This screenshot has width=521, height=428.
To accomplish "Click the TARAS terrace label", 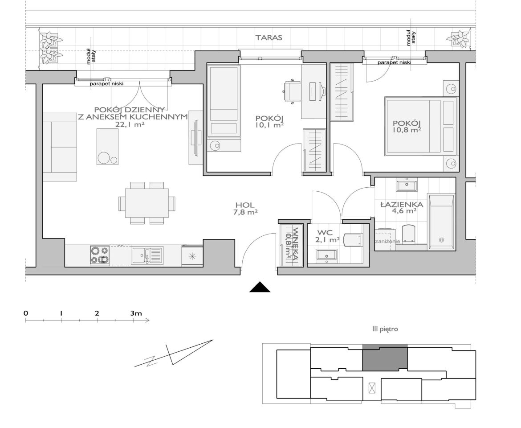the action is click(269, 37).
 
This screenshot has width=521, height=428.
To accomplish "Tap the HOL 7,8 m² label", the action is click(245, 209).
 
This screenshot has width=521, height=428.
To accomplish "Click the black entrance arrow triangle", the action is click(260, 287).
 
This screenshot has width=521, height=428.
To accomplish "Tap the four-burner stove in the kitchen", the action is click(100, 255).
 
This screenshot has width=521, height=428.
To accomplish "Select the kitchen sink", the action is click(147, 255).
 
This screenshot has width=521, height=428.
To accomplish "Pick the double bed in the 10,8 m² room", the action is click(421, 126).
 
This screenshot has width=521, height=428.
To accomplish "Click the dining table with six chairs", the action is click(147, 203).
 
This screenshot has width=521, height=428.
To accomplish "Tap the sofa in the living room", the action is click(60, 147).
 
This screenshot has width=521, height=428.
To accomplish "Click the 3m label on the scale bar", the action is click(136, 313).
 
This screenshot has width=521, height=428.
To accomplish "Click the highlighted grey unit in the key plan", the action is click(385, 358).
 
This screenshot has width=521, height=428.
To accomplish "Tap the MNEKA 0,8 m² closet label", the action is click(291, 243).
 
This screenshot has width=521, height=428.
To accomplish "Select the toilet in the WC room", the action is click(352, 239).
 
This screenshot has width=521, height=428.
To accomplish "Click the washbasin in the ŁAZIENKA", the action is click(407, 185).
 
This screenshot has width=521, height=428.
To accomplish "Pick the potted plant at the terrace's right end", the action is click(460, 39).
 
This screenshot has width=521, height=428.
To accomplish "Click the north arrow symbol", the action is click(174, 354).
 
